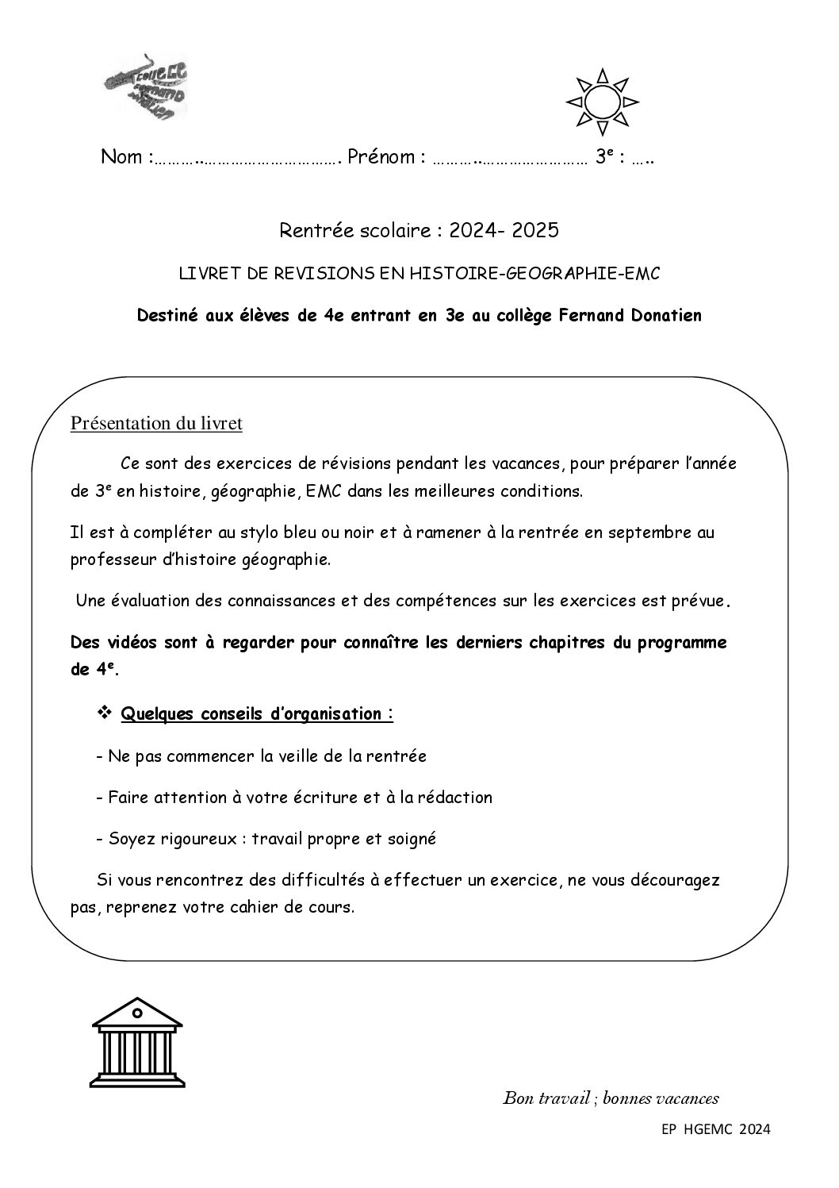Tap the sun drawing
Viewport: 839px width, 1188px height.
(x=602, y=102)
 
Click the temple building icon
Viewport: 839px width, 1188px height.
(x=138, y=1040)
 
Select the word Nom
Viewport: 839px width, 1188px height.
(x=122, y=157)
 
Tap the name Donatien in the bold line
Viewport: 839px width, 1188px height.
(x=666, y=316)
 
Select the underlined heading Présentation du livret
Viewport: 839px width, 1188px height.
(x=156, y=424)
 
